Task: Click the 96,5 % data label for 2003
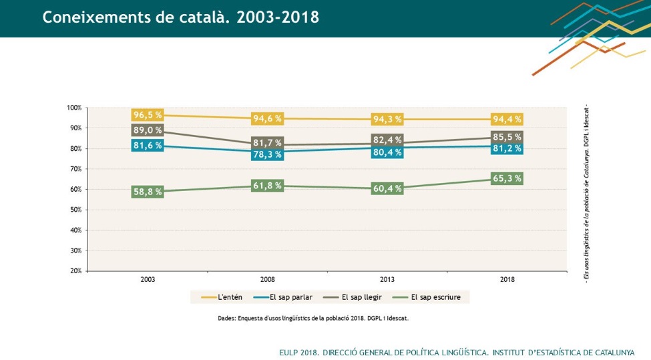coord(148,116)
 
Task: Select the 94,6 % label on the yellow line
coord(267,119)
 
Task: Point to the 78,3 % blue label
coord(267,154)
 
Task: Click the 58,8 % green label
coord(148,192)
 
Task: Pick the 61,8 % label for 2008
coord(267,186)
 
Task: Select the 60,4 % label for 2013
coord(387,189)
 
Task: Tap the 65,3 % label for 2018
coord(507,179)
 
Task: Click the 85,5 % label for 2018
coord(507,137)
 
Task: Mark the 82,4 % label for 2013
coord(387,140)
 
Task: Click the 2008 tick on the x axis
coord(267,279)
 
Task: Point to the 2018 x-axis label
coord(507,279)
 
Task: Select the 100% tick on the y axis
coord(74,108)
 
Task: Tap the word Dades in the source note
coord(226,319)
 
